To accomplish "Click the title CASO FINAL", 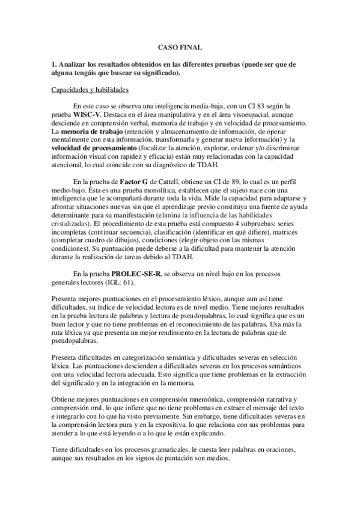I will (180, 46).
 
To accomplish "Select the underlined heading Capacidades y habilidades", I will (90, 90).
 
